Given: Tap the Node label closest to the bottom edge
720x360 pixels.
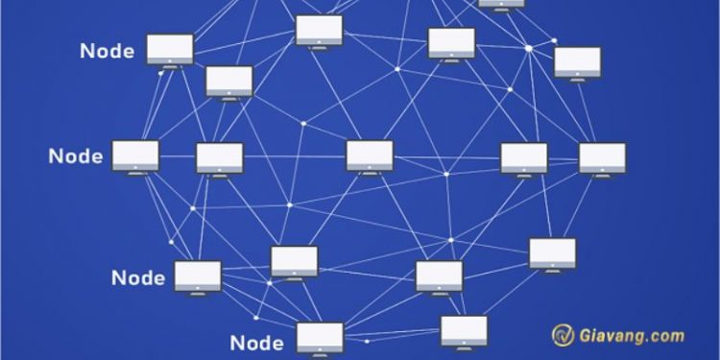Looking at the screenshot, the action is [257, 343].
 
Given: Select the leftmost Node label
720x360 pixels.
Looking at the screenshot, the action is [75, 156].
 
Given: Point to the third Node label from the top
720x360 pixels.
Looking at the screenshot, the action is [138, 278].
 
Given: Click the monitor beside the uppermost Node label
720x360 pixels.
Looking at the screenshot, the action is [170, 49].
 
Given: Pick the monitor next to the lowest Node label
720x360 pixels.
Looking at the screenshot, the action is [320, 338].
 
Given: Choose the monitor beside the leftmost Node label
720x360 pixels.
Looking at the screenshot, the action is [135, 156].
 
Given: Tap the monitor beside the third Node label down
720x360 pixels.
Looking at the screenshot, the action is [198, 276].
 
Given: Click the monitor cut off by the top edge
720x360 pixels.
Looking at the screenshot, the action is [501, 4].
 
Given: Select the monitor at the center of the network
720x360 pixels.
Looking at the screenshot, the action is [370, 156].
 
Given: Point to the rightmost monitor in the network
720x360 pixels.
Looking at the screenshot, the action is [602, 157].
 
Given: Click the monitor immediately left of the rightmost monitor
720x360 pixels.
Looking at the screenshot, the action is [524, 157].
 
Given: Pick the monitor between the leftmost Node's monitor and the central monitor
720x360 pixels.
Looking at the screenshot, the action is [220, 157].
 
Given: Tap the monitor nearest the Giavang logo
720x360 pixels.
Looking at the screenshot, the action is [465, 330].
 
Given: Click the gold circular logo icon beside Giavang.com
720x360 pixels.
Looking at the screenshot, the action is [563, 335].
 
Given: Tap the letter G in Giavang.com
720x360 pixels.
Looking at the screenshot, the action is [588, 336].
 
